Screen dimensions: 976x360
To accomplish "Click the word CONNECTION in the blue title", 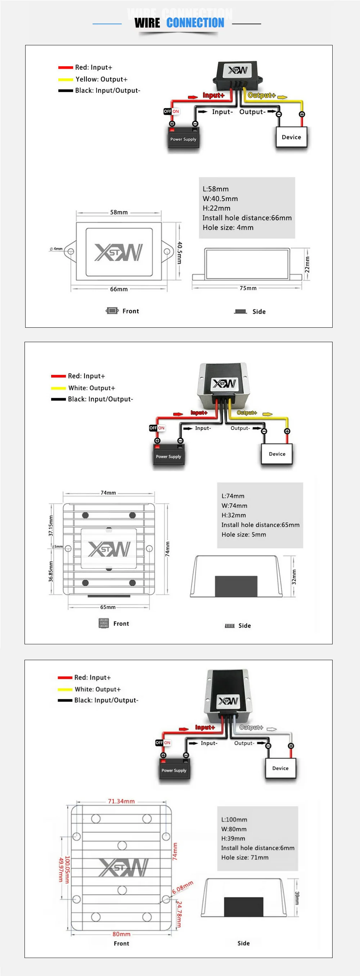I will pyautogui.click(x=195, y=23).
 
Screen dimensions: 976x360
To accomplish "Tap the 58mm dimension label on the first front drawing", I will pyautogui.click(x=118, y=212).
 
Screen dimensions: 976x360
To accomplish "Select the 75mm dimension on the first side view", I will pyautogui.click(x=248, y=288).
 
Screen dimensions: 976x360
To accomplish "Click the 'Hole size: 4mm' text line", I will pyautogui.click(x=228, y=227).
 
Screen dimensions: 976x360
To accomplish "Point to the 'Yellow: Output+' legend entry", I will pyautogui.click(x=101, y=79).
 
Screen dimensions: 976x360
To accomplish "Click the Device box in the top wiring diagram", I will pyautogui.click(x=291, y=137).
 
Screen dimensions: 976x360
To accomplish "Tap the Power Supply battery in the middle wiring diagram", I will pyautogui.click(x=168, y=457).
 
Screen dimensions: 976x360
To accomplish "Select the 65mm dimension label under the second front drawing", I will pyautogui.click(x=108, y=607).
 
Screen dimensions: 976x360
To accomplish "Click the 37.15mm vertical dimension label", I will pyautogui.click(x=51, y=526).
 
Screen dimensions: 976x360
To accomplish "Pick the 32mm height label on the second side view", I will pyautogui.click(x=294, y=577).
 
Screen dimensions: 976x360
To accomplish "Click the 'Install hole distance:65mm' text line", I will pyautogui.click(x=260, y=525).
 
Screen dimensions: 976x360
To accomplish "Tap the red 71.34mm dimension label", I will pyautogui.click(x=121, y=801).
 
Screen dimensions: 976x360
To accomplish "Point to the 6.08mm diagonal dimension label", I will pyautogui.click(x=183, y=887).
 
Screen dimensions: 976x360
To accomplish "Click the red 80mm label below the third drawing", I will pyautogui.click(x=121, y=934).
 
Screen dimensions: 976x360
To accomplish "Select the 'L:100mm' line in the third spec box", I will pyautogui.click(x=234, y=820).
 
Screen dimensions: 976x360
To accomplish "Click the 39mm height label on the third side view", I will pyautogui.click(x=297, y=898).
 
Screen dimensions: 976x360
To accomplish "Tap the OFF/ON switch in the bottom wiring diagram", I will pyautogui.click(x=163, y=743).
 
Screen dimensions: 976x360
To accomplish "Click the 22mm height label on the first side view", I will pyautogui.click(x=307, y=264).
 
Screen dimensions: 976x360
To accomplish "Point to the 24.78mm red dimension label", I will pyautogui.click(x=179, y=914).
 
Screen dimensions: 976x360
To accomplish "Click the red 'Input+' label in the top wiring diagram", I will pyautogui.click(x=213, y=95).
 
